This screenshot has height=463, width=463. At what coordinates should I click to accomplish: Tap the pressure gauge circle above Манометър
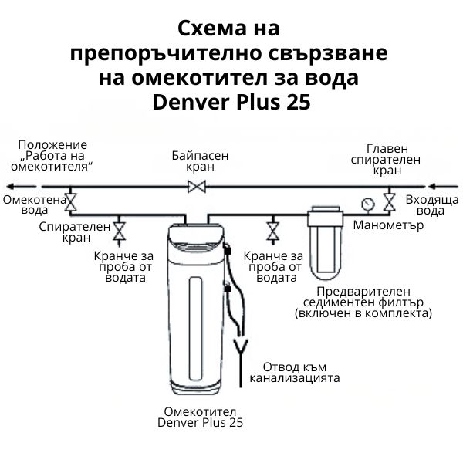366,204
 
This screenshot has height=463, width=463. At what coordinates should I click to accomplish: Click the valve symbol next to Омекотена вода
70,201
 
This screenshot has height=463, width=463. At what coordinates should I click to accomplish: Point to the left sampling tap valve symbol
120,230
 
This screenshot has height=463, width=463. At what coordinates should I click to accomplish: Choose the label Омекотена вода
29,204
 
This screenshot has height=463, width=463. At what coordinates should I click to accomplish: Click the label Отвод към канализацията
301,373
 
